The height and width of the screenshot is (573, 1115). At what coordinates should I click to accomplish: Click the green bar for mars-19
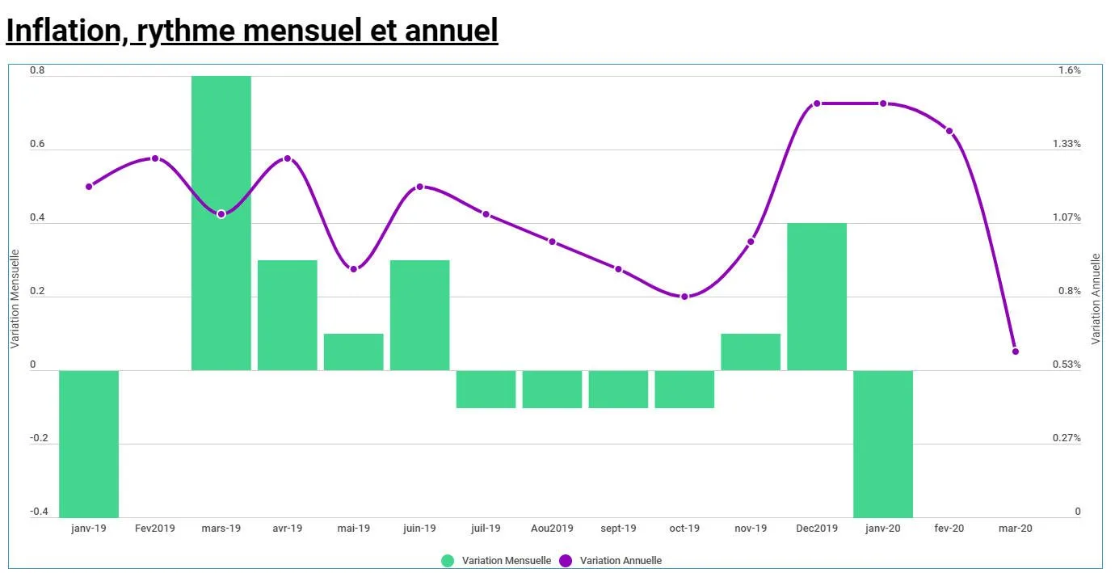(x=221, y=223)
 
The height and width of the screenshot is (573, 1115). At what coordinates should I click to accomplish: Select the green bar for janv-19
(x=89, y=444)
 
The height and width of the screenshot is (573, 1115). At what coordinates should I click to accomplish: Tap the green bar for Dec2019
(x=817, y=297)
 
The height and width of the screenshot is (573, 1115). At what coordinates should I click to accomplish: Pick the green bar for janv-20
(x=883, y=444)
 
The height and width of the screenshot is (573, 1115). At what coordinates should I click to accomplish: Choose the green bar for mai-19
(x=353, y=352)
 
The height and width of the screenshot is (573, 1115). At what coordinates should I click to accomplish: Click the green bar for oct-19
(x=684, y=390)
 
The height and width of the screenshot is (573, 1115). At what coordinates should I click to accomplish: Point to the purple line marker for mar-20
(x=1016, y=352)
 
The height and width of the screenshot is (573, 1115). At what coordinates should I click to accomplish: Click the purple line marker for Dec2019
(x=817, y=103)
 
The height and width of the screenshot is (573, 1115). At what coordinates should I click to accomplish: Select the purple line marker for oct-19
(x=684, y=297)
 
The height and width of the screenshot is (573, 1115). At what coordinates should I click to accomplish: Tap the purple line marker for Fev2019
(x=155, y=158)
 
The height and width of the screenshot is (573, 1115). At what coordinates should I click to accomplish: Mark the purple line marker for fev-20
(x=949, y=131)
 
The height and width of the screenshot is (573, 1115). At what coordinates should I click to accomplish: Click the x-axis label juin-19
(x=419, y=529)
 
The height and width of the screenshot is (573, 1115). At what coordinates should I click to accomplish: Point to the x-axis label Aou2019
(x=552, y=529)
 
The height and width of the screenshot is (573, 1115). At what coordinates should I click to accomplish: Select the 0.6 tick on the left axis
(x=38, y=145)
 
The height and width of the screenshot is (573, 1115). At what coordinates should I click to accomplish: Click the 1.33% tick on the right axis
(x=1067, y=144)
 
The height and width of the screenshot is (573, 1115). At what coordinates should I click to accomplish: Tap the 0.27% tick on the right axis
(x=1067, y=438)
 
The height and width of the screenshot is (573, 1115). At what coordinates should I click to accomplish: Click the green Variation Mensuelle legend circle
(x=448, y=561)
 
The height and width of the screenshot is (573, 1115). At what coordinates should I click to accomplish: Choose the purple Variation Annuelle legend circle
(x=566, y=561)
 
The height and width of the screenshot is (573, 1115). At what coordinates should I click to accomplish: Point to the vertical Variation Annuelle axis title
(x=1096, y=299)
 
